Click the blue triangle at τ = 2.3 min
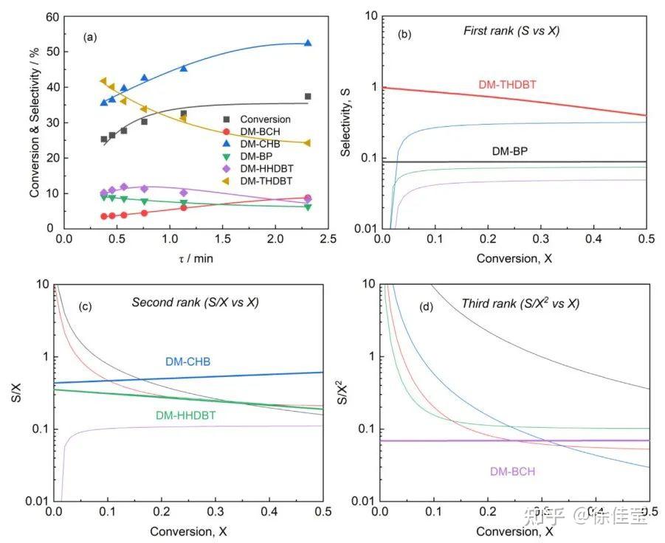[x=308, y=44]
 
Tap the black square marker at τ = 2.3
[x=308, y=96]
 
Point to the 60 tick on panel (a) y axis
[x=51, y=16]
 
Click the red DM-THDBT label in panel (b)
[x=507, y=85]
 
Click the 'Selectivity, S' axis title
[x=345, y=122]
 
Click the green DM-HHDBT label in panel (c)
[x=185, y=415]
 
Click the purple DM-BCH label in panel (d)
[x=512, y=471]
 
